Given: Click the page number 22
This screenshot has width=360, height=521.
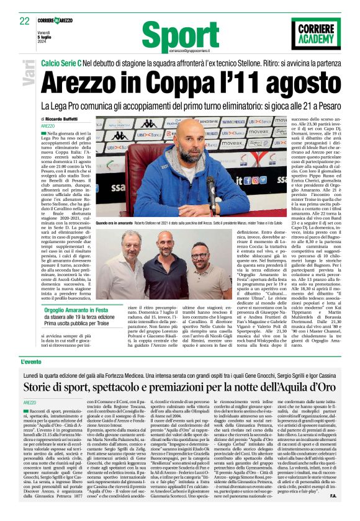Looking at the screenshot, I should click(x=25, y=20).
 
